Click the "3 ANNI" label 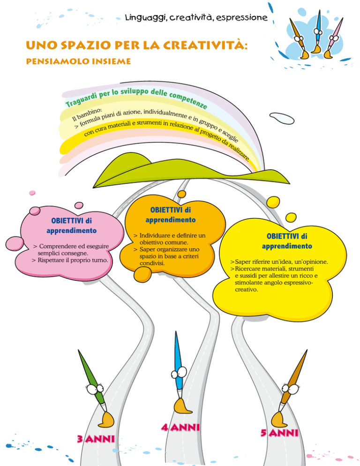click(96, 439)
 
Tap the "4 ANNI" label click(180, 428)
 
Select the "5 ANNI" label click(279, 433)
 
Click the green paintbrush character click(96, 389)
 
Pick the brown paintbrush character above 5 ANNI click(289, 389)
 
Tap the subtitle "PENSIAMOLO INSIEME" click(78, 61)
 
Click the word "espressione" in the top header click(242, 17)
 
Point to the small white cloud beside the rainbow click(282, 118)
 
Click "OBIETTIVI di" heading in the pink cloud click(71, 221)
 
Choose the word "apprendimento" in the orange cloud click(171, 220)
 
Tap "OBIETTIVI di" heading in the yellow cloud click(287, 236)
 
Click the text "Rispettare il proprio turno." click(73, 260)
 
